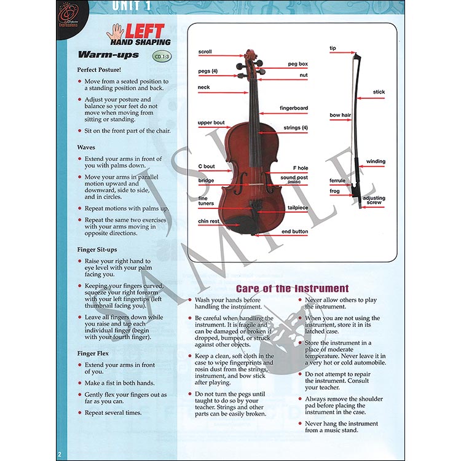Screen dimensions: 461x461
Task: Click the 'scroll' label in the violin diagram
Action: [205, 52]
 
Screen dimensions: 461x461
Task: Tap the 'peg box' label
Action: [298, 64]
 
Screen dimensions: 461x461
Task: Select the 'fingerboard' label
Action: [294, 108]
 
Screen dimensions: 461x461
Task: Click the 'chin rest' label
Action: [209, 221]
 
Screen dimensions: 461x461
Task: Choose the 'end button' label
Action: [295, 232]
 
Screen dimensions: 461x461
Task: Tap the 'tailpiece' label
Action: [297, 208]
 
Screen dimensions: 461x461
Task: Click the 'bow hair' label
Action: [340, 115]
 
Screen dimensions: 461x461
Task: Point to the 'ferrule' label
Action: [338, 180]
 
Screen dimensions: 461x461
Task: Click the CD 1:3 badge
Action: [162, 57]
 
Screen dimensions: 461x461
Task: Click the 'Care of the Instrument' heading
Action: [292, 288]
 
